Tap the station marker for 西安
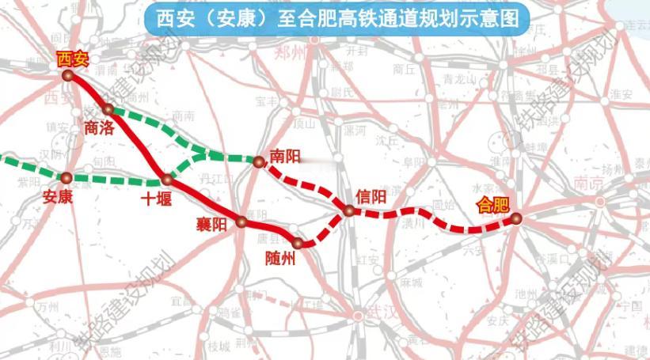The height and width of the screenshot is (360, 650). [70, 76]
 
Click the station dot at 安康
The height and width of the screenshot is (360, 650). [67, 178]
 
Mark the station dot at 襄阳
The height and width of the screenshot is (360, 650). [241, 222]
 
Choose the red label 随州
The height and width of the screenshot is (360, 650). [282, 259]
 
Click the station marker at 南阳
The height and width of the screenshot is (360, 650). [259, 162]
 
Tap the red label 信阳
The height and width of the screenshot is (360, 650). [371, 195]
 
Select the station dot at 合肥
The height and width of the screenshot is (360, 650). [515, 218]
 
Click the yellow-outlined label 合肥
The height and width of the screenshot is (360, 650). [492, 205]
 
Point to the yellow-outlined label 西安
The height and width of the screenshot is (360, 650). [73, 58]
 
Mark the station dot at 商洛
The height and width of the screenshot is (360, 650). [109, 109]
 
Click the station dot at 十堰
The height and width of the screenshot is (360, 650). [166, 180]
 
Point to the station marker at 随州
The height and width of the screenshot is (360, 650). [297, 243]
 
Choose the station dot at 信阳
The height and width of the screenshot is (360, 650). [348, 210]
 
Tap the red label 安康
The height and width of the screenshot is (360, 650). [59, 196]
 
